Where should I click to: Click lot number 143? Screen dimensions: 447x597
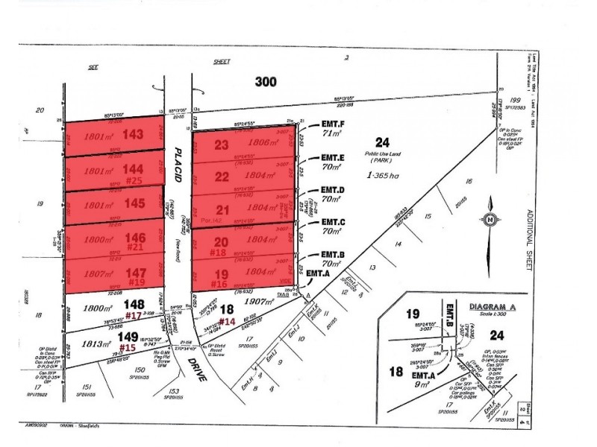click(x=134, y=136)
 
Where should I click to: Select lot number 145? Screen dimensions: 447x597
click(x=134, y=203)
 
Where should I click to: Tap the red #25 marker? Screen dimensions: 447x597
click(x=134, y=180)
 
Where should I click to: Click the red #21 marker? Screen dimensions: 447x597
click(x=134, y=247)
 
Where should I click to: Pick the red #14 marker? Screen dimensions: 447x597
click(x=226, y=321)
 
